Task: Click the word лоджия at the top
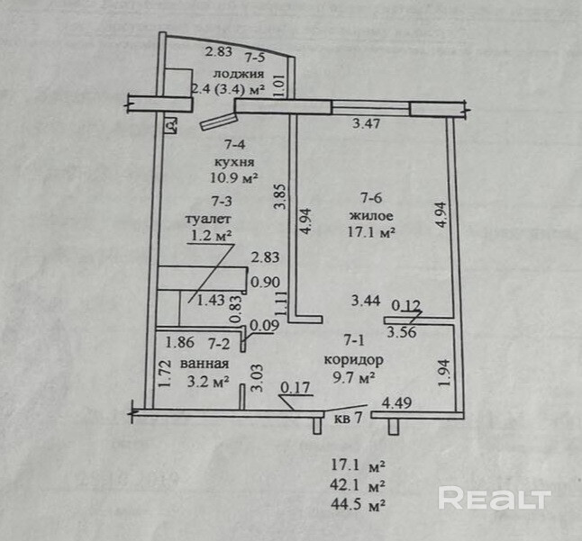point(238,74)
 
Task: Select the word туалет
point(208,219)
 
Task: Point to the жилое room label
point(369,216)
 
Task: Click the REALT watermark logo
point(494,497)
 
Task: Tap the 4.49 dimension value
point(397,402)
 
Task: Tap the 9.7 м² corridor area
point(352,378)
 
